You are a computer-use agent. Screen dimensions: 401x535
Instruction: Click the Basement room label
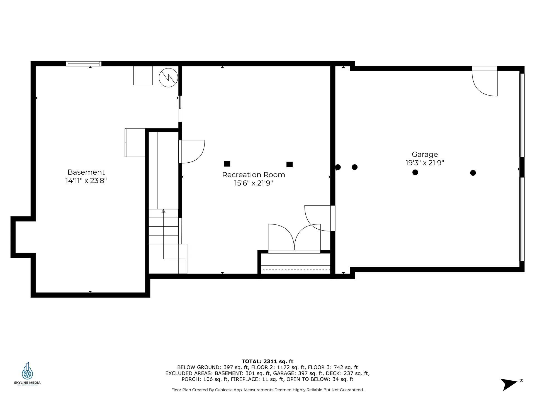(x=86, y=172)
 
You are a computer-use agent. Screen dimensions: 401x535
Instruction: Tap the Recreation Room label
(x=253, y=175)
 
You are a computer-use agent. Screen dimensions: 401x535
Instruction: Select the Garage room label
(x=425, y=154)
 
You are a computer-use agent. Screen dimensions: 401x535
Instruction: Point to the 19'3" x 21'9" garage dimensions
(x=425, y=163)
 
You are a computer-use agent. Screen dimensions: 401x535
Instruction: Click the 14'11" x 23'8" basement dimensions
(x=86, y=181)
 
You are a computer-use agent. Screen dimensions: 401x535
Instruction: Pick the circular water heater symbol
(x=168, y=78)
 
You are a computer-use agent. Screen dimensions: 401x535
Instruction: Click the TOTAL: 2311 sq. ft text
(x=267, y=361)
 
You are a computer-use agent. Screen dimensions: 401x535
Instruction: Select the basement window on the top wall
(x=84, y=64)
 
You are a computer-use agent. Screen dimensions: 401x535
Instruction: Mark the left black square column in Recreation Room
(x=227, y=164)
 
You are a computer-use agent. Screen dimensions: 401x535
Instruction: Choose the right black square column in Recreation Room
(x=290, y=164)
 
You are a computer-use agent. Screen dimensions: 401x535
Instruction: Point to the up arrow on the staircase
(x=164, y=211)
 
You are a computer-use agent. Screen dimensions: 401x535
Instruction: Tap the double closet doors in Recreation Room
(x=294, y=238)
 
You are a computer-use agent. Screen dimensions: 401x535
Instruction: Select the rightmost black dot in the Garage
(x=473, y=173)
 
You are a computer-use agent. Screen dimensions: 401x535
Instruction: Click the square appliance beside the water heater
(x=143, y=75)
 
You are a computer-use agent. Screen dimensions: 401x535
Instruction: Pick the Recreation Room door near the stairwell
(x=192, y=151)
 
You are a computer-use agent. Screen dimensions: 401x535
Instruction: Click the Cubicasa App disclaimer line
(x=267, y=390)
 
